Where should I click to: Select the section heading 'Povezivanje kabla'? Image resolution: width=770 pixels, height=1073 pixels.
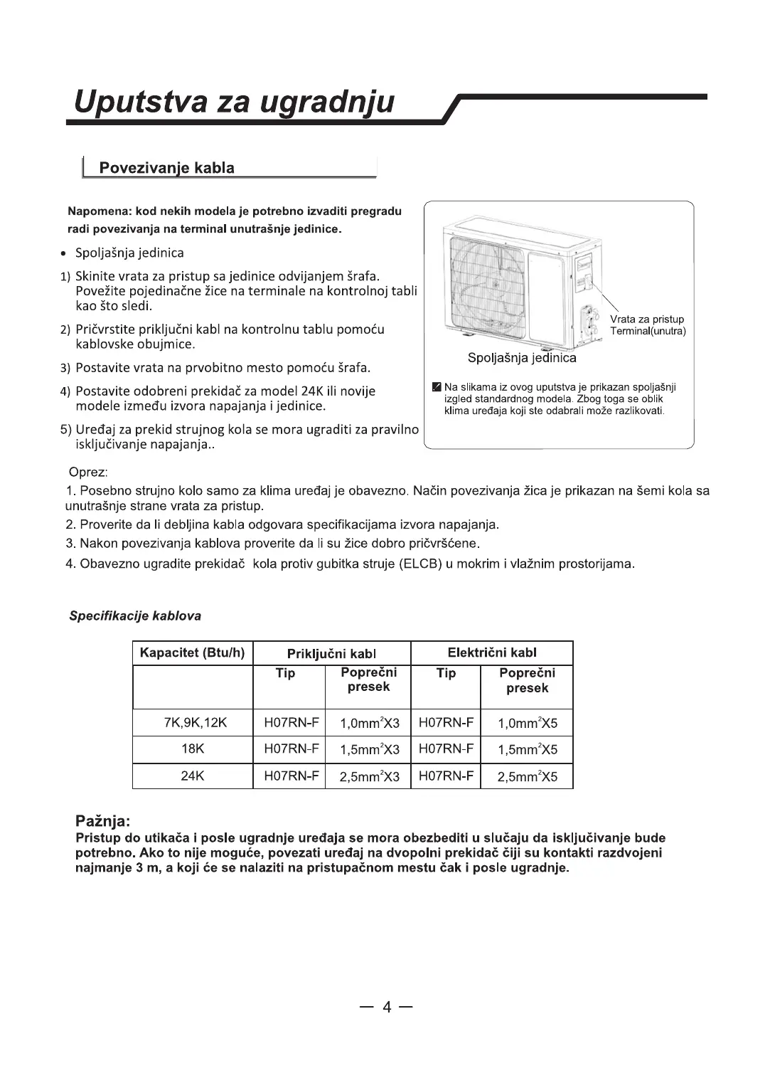(x=166, y=168)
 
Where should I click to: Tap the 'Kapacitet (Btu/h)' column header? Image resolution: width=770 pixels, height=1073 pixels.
(x=192, y=652)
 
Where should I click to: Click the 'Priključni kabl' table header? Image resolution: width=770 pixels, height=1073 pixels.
(x=331, y=653)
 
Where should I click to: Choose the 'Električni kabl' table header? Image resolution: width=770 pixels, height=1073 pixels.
(x=492, y=652)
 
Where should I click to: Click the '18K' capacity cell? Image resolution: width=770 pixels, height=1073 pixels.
(x=192, y=749)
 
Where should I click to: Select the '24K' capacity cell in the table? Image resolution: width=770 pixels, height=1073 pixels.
(x=192, y=776)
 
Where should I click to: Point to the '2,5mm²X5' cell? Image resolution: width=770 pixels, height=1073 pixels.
(x=527, y=777)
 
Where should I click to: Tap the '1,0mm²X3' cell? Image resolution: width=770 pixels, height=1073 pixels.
(x=369, y=724)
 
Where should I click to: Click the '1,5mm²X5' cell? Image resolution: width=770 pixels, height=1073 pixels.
(x=527, y=750)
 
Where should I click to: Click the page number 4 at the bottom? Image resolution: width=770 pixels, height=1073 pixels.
(x=387, y=1007)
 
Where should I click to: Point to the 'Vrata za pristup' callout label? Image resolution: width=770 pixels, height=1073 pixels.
(x=647, y=319)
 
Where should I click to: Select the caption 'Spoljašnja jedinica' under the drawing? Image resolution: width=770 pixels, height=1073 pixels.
(x=522, y=358)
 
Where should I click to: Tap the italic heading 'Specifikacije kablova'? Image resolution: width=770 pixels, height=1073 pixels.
(x=135, y=615)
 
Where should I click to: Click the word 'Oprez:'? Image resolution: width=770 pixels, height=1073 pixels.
(x=87, y=473)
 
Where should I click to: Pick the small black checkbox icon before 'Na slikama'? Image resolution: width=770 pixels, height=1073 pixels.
(x=437, y=387)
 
